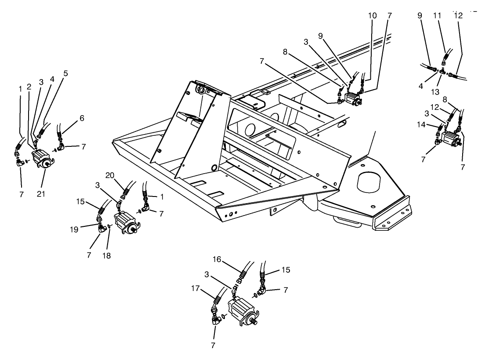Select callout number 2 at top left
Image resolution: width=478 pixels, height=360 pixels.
click(29, 87)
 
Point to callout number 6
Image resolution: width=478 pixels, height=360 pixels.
click(82, 118)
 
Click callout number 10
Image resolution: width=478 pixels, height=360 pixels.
click(372, 16)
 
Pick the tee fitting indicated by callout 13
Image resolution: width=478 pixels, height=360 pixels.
click(442, 70)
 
